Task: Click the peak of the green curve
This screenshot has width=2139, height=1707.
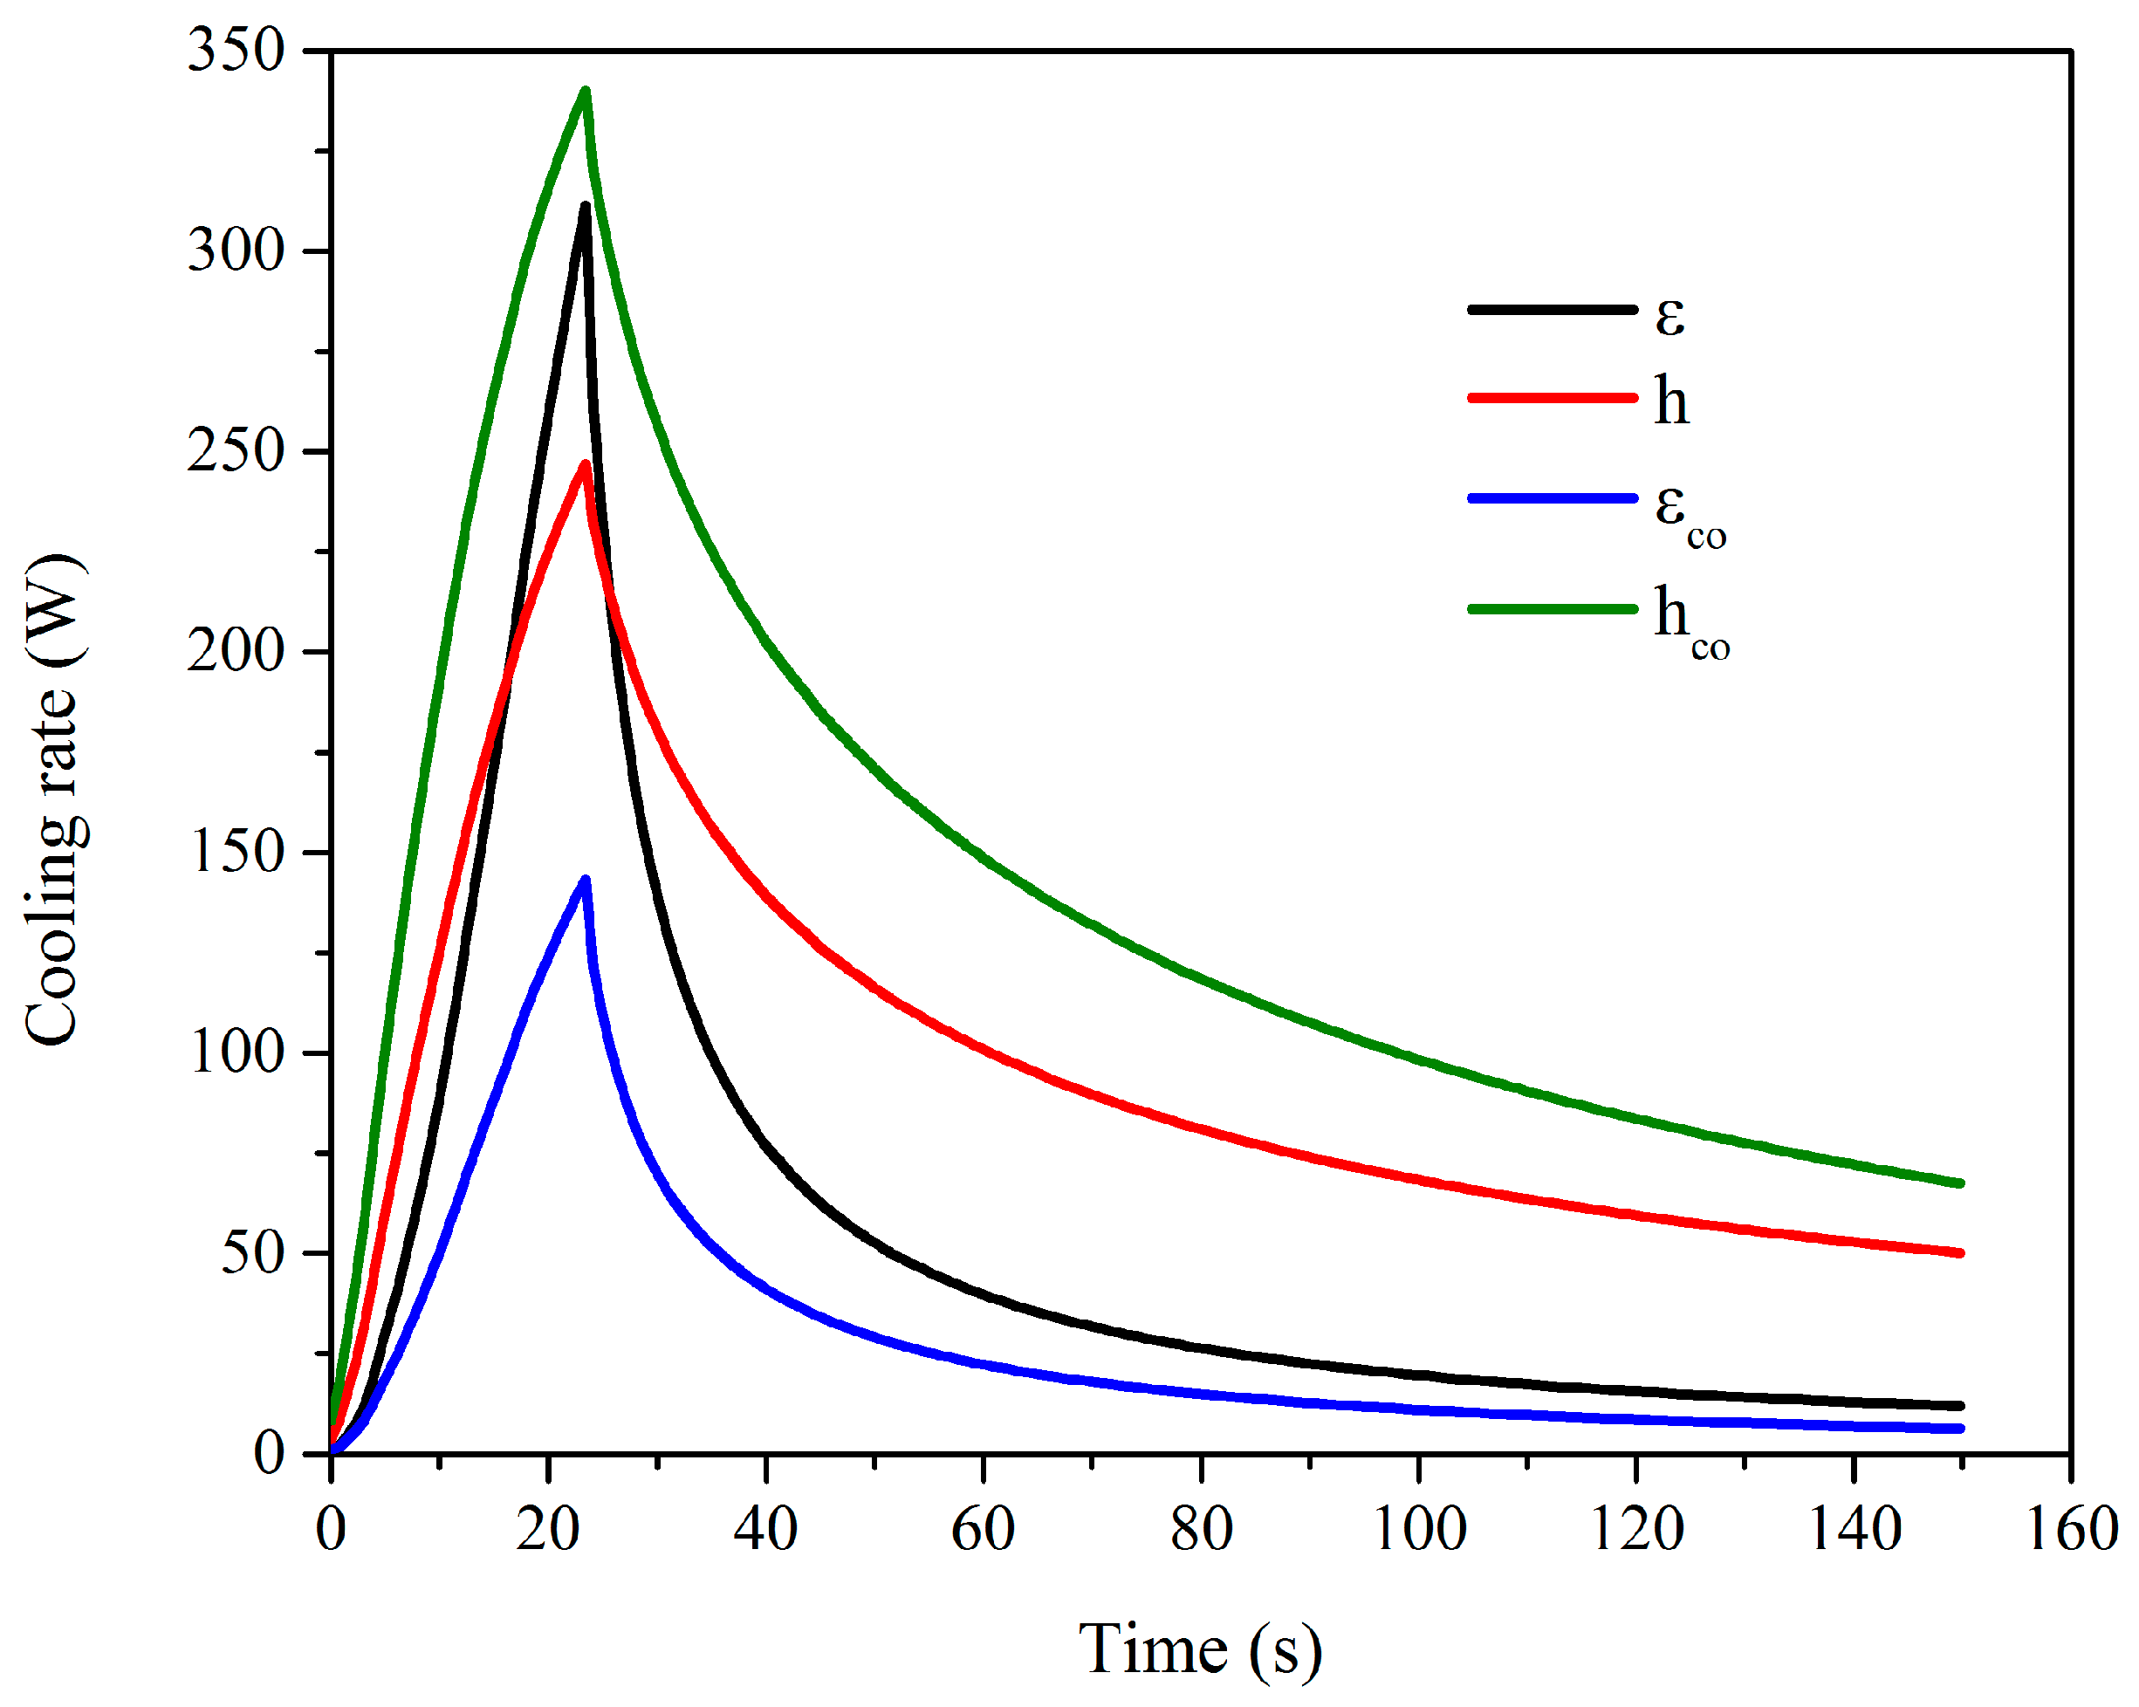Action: click(x=586, y=93)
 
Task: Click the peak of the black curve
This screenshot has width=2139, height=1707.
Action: click(x=586, y=206)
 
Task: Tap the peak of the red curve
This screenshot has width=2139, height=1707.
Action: click(x=586, y=464)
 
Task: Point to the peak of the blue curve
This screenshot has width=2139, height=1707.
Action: click(x=586, y=879)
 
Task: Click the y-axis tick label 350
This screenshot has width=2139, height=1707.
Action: click(x=237, y=50)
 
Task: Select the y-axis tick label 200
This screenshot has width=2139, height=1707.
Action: click(x=237, y=652)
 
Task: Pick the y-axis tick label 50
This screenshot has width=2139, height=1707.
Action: click(x=252, y=1254)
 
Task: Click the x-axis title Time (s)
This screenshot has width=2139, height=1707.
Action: click(x=1201, y=1649)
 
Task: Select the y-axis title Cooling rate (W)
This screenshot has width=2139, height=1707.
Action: click(x=55, y=799)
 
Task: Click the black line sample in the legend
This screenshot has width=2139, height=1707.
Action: click(x=1552, y=310)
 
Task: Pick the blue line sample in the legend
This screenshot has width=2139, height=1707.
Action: click(x=1552, y=498)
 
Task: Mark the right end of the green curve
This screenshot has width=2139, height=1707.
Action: click(x=1960, y=1183)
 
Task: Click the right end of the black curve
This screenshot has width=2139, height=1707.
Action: click(x=1960, y=1405)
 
